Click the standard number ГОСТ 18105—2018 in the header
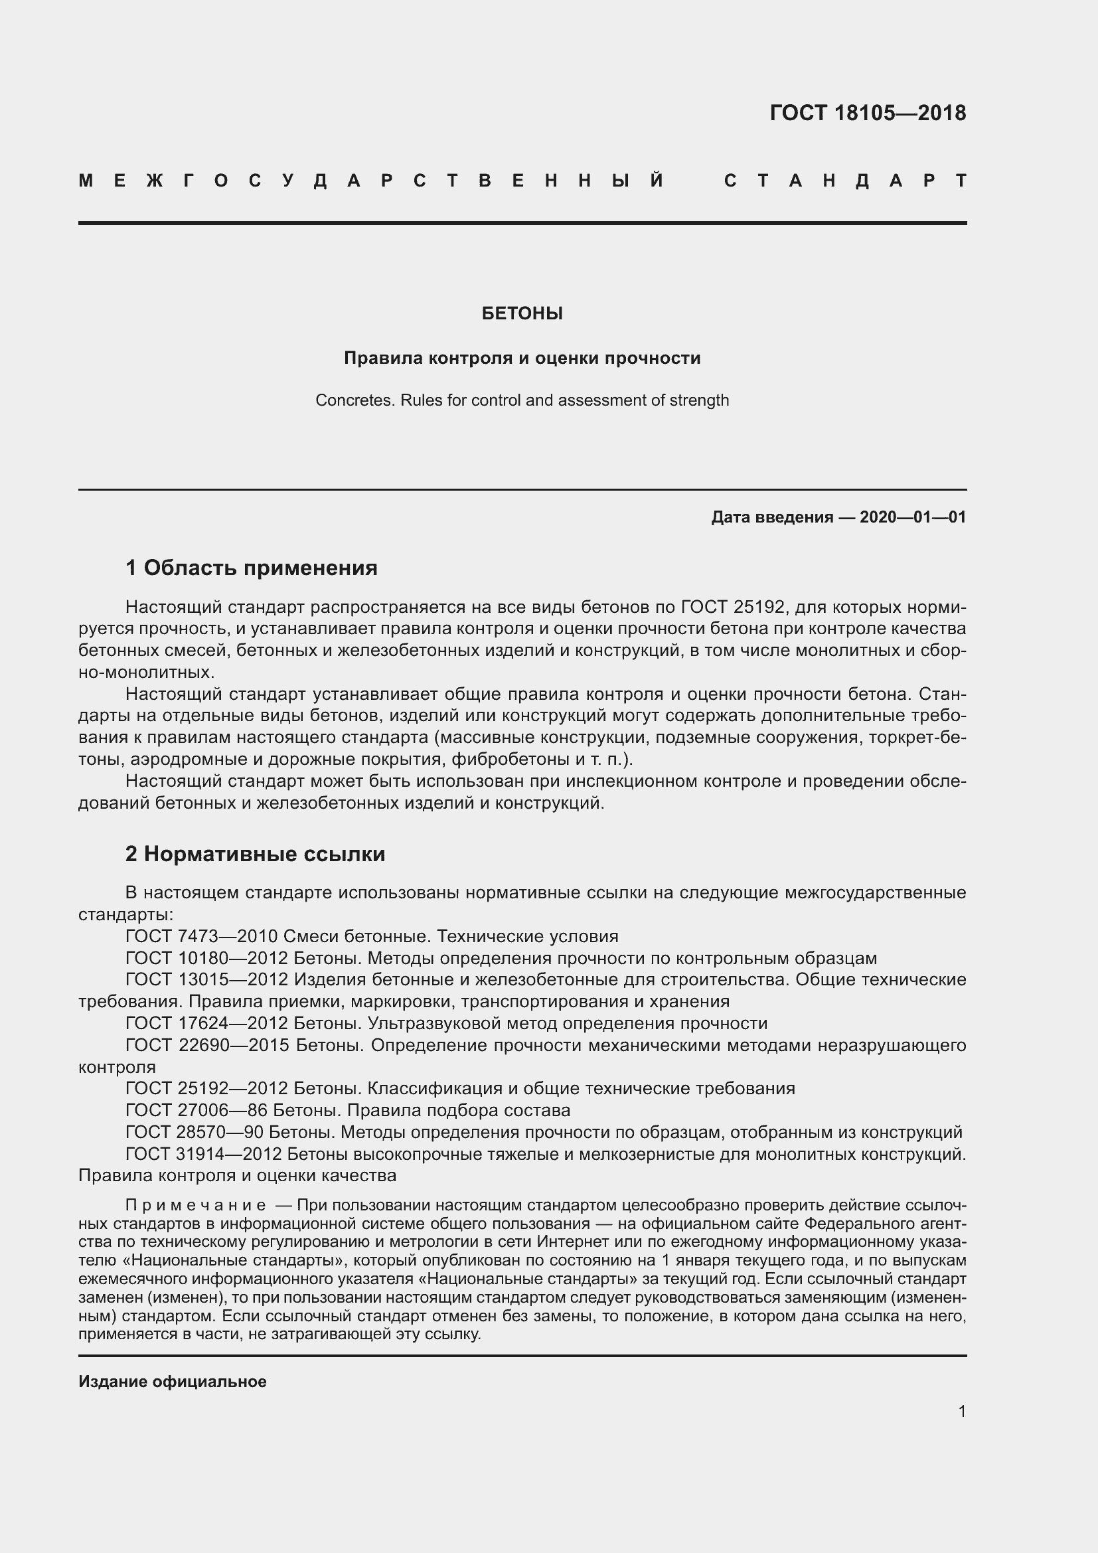pos(868,113)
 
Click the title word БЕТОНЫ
pos(522,313)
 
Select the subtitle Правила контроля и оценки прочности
pos(522,358)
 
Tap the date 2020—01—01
pos(912,517)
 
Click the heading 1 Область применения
pos(252,568)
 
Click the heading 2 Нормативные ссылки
pos(255,855)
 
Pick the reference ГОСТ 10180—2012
pos(206,959)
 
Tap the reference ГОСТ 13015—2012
pos(206,980)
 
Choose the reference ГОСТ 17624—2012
pos(206,1023)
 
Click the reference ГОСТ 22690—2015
pos(206,1045)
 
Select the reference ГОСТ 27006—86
pos(196,1110)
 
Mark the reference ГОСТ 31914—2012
pos(206,1154)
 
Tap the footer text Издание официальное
pos(173,1381)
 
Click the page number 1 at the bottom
pos(961,1411)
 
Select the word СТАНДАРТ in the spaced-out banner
pos(845,181)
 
